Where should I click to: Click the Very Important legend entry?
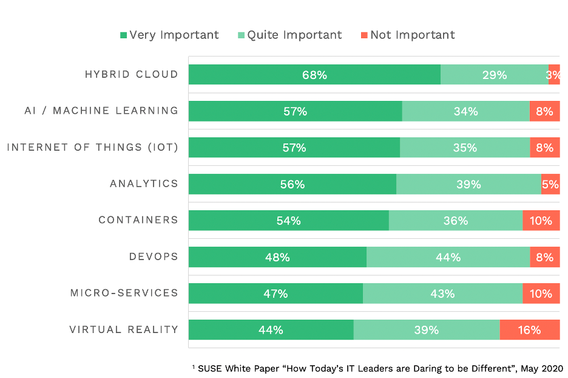tap(169, 35)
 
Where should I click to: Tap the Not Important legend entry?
tap(407, 35)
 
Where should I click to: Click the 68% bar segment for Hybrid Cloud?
tap(314, 75)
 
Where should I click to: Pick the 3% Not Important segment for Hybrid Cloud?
tap(554, 75)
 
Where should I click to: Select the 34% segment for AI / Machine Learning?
tap(465, 111)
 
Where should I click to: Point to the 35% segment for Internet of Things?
tap(465, 148)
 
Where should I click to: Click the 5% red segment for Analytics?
tap(550, 184)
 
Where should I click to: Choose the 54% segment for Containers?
tap(289, 221)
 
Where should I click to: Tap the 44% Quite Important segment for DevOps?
tap(448, 257)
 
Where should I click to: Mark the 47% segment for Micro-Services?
tap(276, 294)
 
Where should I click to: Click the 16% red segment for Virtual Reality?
tap(530, 330)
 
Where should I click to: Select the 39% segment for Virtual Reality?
tap(427, 330)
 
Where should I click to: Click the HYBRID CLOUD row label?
tap(132, 75)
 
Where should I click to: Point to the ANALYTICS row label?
tap(144, 184)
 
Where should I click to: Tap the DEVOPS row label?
tap(154, 257)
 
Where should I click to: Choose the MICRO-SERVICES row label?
tap(124, 294)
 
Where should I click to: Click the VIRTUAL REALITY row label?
tap(124, 330)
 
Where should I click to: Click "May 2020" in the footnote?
tap(544, 368)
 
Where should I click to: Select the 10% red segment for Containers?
tap(541, 221)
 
